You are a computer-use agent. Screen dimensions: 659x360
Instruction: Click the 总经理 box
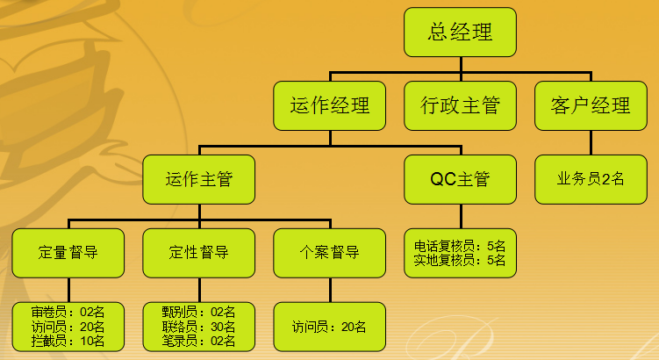coord(460,32)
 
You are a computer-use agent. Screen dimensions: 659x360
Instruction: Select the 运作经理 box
coord(330,105)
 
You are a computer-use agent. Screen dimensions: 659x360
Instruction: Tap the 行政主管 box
coord(460,105)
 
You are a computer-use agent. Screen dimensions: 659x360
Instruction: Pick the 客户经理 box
coord(591,105)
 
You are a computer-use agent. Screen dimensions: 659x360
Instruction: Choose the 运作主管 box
coord(199,180)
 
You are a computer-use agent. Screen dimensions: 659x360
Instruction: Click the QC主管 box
coord(460,180)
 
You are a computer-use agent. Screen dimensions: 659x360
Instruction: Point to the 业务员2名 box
coord(591,180)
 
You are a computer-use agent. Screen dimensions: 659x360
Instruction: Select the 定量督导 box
coord(68,253)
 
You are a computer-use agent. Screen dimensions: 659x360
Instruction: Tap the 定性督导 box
coord(199,253)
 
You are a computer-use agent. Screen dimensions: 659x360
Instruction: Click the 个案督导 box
coord(330,253)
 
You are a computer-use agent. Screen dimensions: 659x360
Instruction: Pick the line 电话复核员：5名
coord(460,246)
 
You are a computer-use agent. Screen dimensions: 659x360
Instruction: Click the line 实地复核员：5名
coord(460,260)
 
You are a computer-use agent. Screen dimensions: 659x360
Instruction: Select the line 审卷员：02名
coord(68,312)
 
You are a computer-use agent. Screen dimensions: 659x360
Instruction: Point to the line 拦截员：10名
coord(68,341)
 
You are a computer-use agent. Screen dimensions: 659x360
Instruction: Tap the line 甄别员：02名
coord(199,312)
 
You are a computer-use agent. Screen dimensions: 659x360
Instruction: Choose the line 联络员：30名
coord(199,327)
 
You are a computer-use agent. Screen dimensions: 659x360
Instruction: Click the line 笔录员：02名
coord(199,341)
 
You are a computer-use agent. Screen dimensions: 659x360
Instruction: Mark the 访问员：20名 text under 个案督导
coord(329,327)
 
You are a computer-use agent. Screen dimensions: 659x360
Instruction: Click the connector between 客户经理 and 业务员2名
coord(591,142)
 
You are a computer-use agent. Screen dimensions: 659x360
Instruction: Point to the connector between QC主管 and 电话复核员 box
coord(461,217)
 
